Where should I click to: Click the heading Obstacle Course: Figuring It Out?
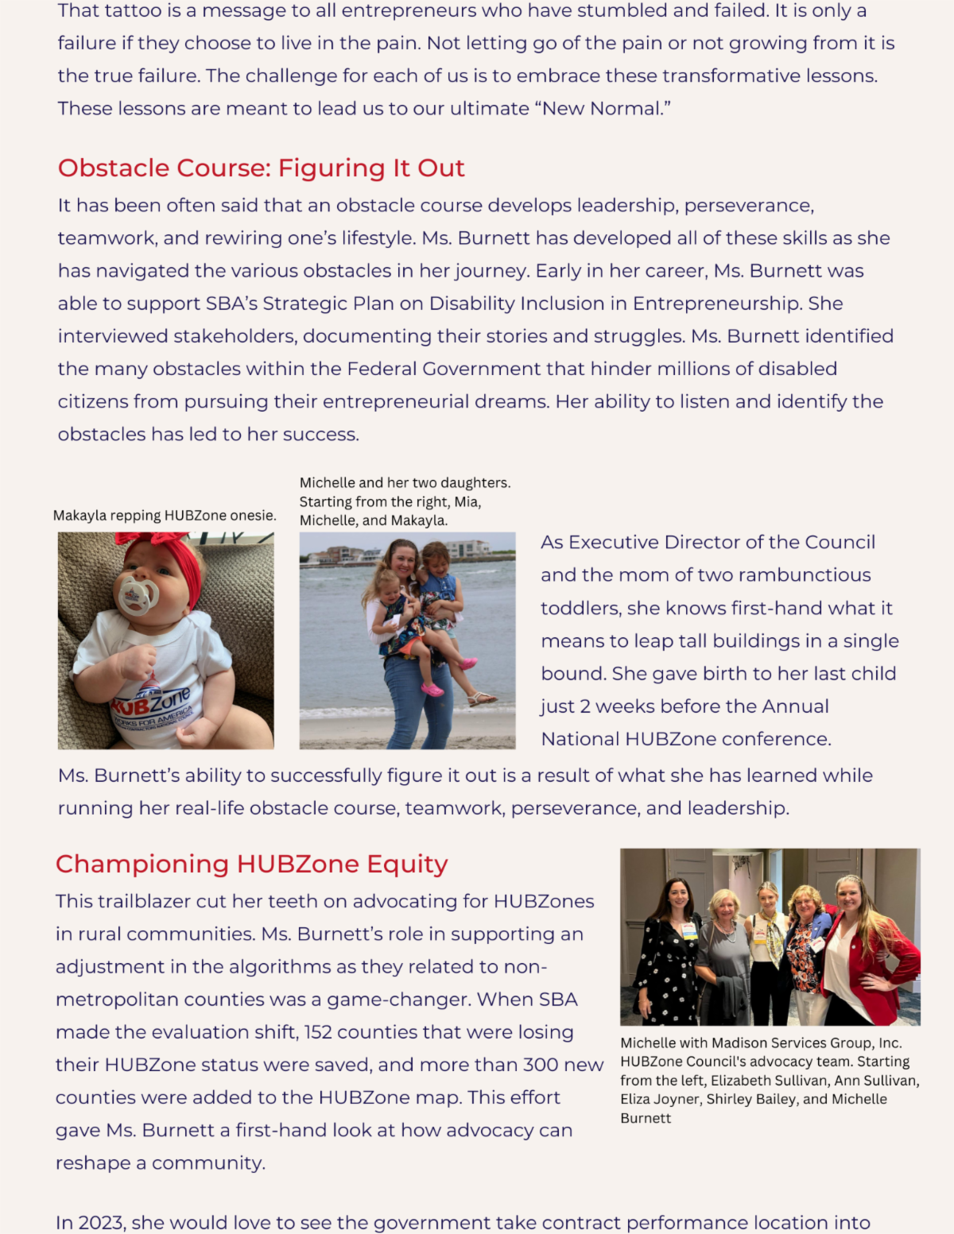(261, 168)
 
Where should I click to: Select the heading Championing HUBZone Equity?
(251, 864)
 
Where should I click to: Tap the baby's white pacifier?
(137, 595)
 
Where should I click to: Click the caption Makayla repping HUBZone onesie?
(165, 516)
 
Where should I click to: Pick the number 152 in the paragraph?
(318, 1032)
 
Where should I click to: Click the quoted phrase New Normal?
(607, 109)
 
